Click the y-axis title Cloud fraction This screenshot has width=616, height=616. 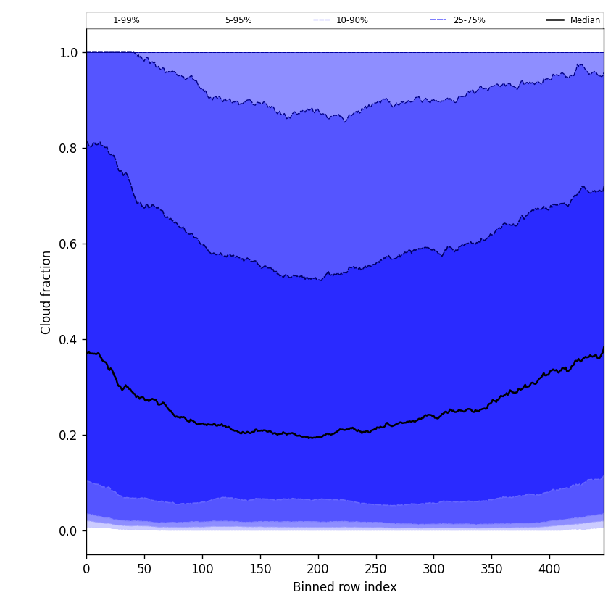click(x=46, y=292)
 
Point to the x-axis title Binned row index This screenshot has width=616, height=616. click(x=345, y=587)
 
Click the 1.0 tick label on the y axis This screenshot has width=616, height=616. click(x=68, y=53)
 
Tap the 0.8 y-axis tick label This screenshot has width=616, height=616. click(x=68, y=149)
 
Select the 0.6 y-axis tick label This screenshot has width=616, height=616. click(x=68, y=244)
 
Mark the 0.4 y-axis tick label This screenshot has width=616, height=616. click(x=68, y=340)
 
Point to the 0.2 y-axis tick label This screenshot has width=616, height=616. click(x=68, y=436)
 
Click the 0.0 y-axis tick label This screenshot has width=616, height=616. click(x=68, y=531)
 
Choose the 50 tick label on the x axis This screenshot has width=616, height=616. click(x=144, y=569)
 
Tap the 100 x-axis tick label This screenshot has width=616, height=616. click(x=202, y=569)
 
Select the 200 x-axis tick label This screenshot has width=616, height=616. click(x=318, y=569)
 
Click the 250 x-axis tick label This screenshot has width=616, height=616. click(x=376, y=569)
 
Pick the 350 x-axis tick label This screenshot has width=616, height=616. click(x=491, y=569)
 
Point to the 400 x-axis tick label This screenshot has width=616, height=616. click(x=549, y=569)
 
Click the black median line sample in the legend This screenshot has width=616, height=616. click(x=555, y=20)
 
